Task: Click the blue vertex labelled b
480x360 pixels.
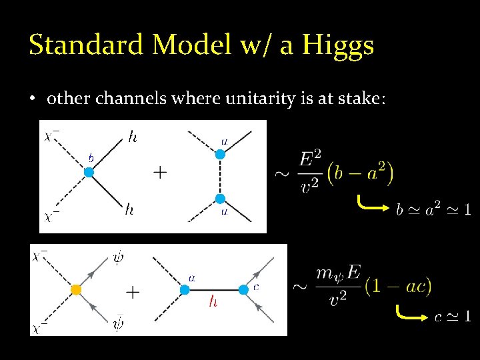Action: (x=88, y=173)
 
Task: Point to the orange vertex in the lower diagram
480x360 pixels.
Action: (x=76, y=290)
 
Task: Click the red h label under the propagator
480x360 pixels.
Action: (x=213, y=301)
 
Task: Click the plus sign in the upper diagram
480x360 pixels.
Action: (x=161, y=173)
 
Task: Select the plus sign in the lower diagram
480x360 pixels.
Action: (x=133, y=291)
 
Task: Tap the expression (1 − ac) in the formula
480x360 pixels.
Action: (x=399, y=286)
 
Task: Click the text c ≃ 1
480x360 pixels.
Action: (x=453, y=316)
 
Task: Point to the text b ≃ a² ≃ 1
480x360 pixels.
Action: (x=433, y=210)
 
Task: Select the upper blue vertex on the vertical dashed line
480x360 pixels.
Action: (x=221, y=154)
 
